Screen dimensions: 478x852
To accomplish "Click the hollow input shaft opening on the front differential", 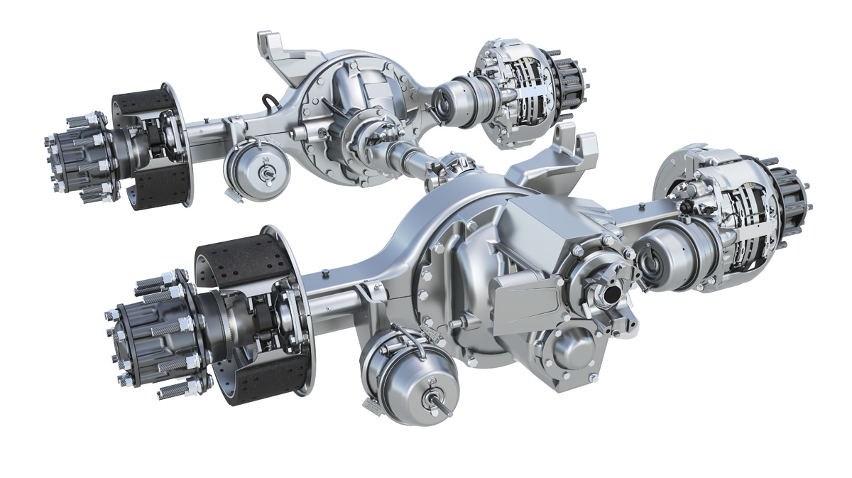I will point(611,291).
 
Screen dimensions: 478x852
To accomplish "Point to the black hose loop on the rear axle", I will point(270,105).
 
